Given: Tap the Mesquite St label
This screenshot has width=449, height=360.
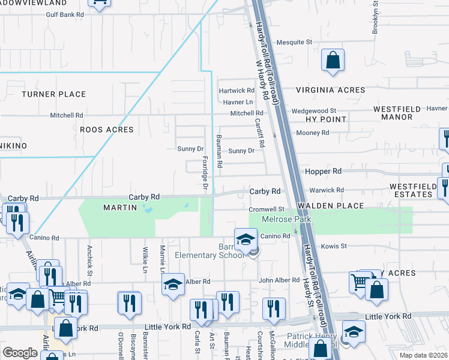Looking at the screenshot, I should [x=294, y=43].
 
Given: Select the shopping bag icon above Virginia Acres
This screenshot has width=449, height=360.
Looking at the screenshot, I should [x=333, y=61].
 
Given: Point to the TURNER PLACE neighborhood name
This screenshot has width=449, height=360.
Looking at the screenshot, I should [x=54, y=94].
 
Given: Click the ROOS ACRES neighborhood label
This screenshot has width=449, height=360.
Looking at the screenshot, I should [x=107, y=130].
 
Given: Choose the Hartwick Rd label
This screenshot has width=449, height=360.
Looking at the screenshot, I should [x=237, y=91].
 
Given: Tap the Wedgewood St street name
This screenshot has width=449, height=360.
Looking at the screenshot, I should [x=314, y=111].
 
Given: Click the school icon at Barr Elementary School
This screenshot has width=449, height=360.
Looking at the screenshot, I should [x=245, y=239].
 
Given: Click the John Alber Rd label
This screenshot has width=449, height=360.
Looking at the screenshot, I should [x=279, y=280].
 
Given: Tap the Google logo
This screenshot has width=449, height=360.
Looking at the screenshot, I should [x=20, y=353].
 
